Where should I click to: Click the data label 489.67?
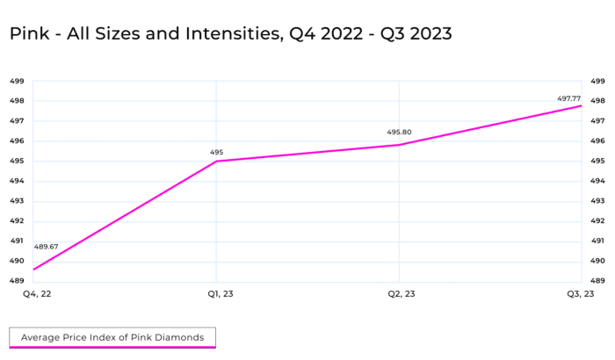[x=46, y=247]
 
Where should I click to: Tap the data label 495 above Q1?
[x=216, y=152]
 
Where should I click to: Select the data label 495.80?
[x=399, y=133]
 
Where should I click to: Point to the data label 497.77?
[x=568, y=98]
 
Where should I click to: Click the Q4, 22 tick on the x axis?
[x=37, y=294]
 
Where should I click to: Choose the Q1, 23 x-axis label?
[x=221, y=294]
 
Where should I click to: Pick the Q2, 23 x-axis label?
[x=402, y=294]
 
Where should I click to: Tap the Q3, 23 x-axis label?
[x=581, y=294]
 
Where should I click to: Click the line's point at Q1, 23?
[x=216, y=162]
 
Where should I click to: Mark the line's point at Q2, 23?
[x=399, y=145]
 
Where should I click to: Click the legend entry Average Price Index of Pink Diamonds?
[x=112, y=337]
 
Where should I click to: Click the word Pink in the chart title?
[x=29, y=33]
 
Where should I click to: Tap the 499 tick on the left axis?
[x=17, y=81]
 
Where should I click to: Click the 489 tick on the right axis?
[x=597, y=281]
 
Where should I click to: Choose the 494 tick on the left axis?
[x=17, y=181]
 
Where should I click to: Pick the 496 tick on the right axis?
[x=597, y=140]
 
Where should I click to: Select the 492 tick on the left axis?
[x=17, y=220]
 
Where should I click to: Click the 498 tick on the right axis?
[x=597, y=101]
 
